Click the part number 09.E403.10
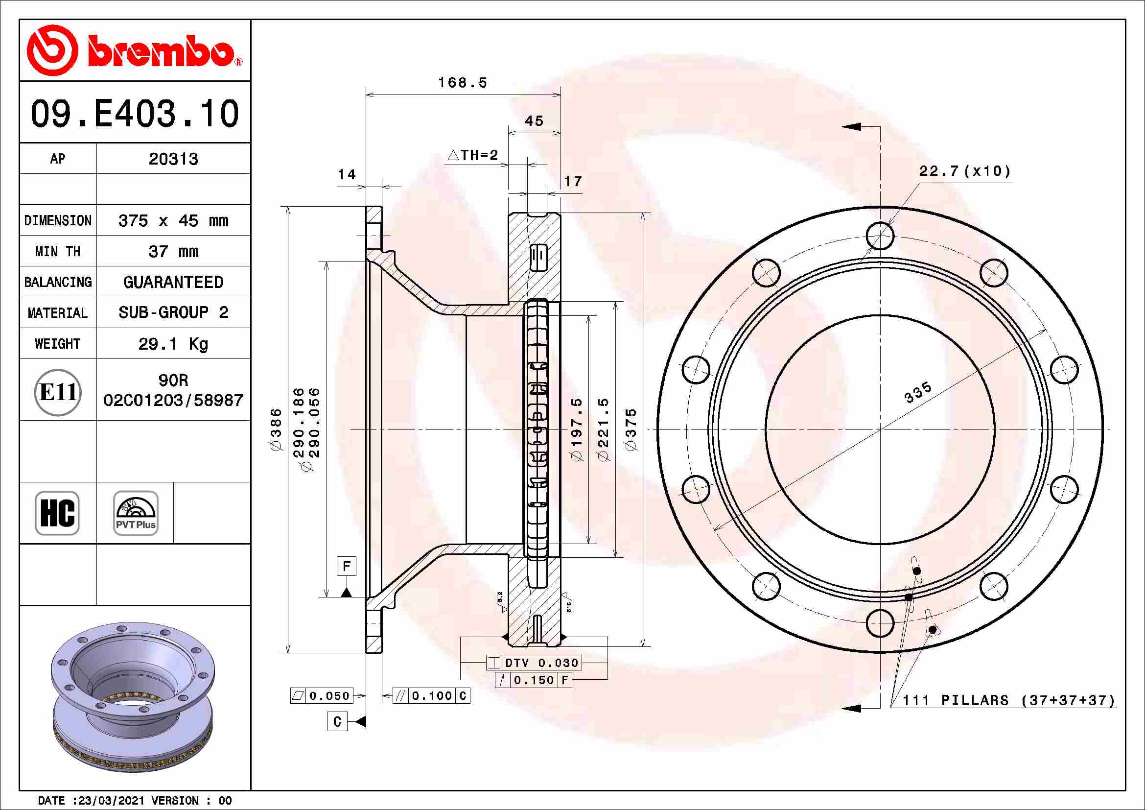[135, 114]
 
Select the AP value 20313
[173, 159]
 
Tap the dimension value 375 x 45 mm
[173, 220]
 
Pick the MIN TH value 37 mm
[173, 251]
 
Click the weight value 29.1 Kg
[173, 344]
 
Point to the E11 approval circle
[58, 392]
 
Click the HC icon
[57, 513]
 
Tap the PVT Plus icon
[136, 513]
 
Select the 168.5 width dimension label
[462, 83]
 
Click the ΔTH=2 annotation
[473, 155]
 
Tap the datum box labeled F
[347, 566]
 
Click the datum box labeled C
[337, 722]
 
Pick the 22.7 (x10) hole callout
[964, 171]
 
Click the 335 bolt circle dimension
[917, 392]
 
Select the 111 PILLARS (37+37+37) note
[1009, 700]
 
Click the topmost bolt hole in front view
[880, 236]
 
